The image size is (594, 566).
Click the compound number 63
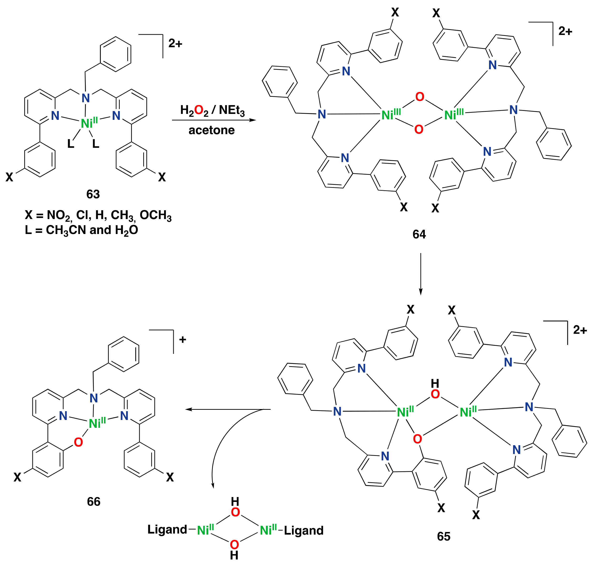93,194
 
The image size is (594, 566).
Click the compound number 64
419,234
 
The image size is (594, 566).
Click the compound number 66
94,502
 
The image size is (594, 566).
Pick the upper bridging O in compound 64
420,97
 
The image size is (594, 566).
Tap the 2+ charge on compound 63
175,44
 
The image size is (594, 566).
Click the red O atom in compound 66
78,442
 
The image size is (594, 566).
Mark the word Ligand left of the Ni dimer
167,529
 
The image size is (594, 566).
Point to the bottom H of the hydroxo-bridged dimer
234,555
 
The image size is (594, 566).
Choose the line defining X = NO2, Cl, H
98,215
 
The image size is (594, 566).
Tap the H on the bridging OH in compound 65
435,383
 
